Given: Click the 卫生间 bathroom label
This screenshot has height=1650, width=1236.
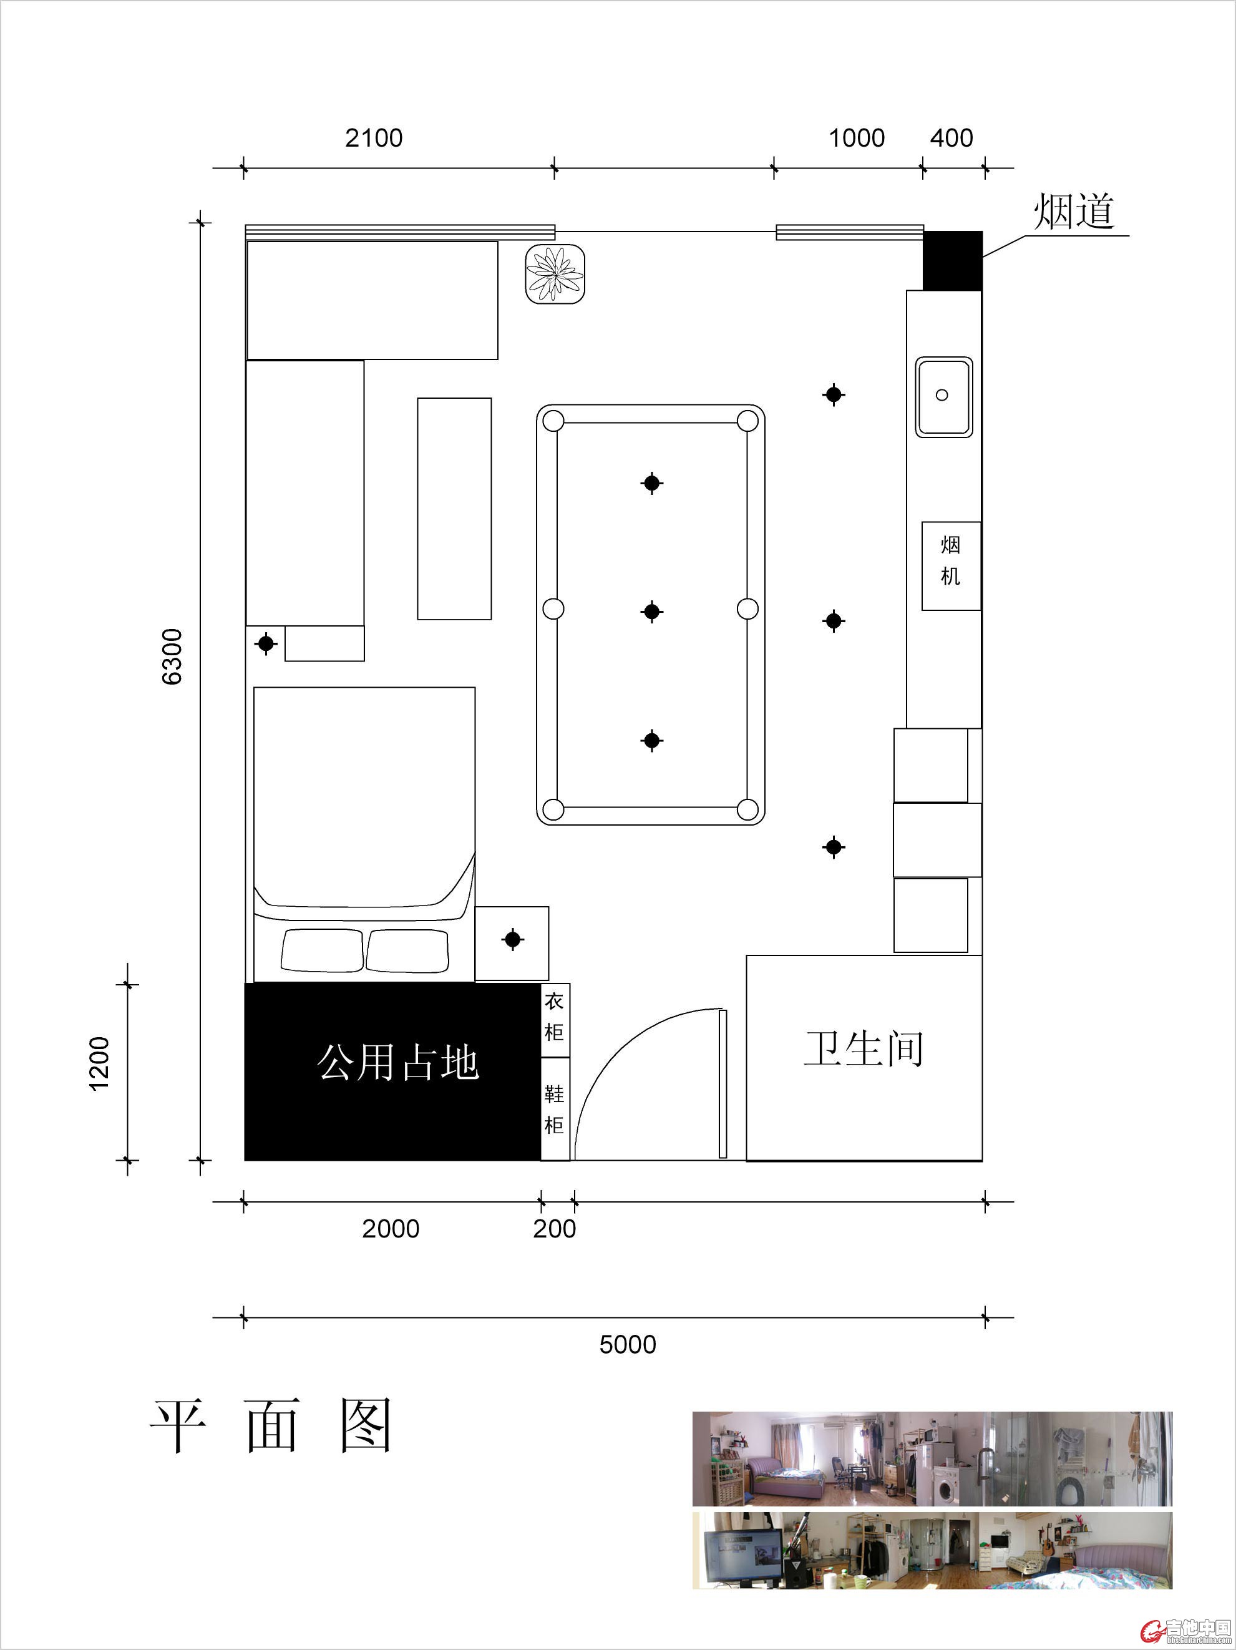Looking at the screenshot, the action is coord(863,1049).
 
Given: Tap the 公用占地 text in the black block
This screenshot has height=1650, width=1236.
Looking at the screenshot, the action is coord(397,1062).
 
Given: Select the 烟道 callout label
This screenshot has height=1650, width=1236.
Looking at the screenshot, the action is coord(1074,211).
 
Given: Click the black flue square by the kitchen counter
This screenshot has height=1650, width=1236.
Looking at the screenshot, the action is coord(953,260).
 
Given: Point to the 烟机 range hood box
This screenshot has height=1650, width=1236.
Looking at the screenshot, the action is coord(951,566).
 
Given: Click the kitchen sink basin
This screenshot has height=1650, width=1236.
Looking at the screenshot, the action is coord(943,397).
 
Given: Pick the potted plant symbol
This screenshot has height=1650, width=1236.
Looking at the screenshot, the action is coord(555,274).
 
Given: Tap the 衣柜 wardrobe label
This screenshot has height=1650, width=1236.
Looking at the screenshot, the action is coord(553,1016).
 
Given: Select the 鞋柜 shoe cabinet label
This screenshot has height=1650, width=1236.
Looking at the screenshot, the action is coord(553,1109).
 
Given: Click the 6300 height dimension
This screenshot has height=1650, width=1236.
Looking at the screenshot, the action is coord(172,657).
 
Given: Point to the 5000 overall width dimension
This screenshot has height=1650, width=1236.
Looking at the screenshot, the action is coord(628,1365).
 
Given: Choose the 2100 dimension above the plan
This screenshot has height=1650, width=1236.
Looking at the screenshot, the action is coord(374,138).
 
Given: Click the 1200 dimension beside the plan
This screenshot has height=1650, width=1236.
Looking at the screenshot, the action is coord(99,1063).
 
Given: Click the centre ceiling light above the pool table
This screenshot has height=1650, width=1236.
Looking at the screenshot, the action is coord(652,612).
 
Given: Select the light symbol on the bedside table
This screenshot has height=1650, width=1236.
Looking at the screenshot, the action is coord(512,939).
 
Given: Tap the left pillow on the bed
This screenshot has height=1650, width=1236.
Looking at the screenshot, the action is coord(322,950).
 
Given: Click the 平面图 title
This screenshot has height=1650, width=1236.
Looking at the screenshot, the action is coord(271,1425).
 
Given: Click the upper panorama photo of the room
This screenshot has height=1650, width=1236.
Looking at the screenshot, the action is coord(932,1459).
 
